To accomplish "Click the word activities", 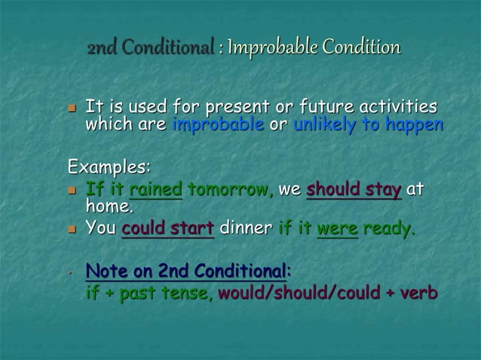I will tap(396, 107).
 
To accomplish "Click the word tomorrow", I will tap(229, 189).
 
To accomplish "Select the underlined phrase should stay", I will tap(354, 189).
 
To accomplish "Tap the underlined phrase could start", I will tap(168, 228).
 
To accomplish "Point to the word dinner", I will tap(245, 228).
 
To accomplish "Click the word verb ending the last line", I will tap(419, 293).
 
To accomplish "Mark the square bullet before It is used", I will tap(73, 108).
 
